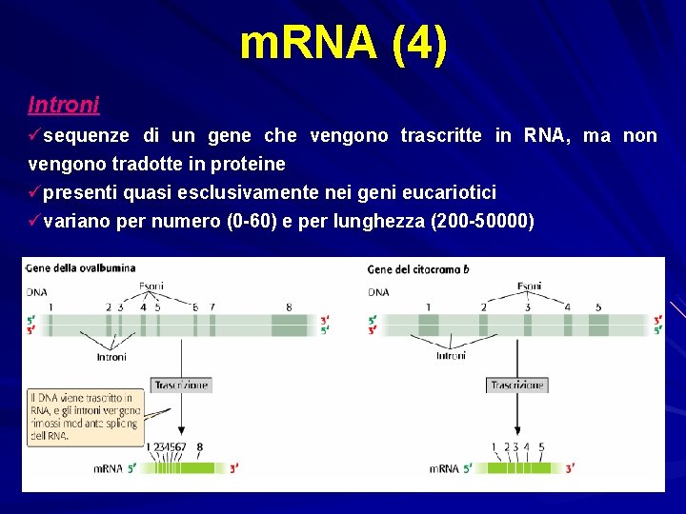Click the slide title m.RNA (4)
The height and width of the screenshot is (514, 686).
coord(343,45)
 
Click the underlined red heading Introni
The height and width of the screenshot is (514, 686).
coord(64,103)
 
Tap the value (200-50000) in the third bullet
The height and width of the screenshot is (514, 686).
coord(482,222)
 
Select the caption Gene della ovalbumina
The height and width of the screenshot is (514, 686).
coord(81,268)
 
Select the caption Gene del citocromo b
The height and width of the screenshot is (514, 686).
coord(418,269)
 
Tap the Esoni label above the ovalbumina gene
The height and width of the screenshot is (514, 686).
coord(151,286)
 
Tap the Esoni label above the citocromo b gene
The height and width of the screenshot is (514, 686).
coord(530,286)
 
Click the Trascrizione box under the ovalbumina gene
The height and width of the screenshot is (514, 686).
coord(180,385)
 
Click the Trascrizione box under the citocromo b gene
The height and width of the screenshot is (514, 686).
coord(517,385)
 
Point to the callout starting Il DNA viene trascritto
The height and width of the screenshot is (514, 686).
coord(85,416)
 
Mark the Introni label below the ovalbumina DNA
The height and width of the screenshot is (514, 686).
coord(111,357)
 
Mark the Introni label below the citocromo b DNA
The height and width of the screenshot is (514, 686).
coord(451,355)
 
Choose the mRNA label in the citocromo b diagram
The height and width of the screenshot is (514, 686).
coord(444,468)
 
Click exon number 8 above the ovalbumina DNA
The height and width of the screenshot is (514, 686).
coord(290,306)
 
